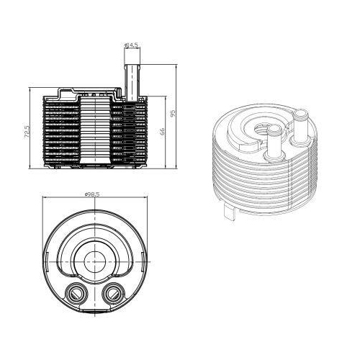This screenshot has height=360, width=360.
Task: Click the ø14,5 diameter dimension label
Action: pos(132,45)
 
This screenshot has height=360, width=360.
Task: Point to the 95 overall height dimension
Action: pos(173,115)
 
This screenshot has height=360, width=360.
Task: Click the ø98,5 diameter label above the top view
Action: pos(91,194)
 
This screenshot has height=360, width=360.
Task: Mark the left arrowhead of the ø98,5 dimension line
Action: pos(46,199)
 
